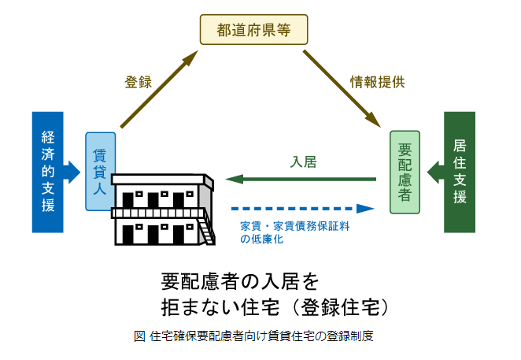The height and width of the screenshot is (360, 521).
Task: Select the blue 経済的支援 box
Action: point(47,172)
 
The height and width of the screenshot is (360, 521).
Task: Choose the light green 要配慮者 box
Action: point(405,173)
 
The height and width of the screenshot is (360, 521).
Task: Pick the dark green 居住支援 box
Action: point(460,172)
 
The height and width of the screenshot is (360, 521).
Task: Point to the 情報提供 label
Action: point(377,82)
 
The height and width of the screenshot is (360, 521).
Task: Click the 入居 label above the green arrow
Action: point(303,162)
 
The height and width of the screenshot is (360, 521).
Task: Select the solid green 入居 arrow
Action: point(302,180)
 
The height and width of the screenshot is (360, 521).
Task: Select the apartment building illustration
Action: point(161,209)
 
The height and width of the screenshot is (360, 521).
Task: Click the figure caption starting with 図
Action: point(253,336)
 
